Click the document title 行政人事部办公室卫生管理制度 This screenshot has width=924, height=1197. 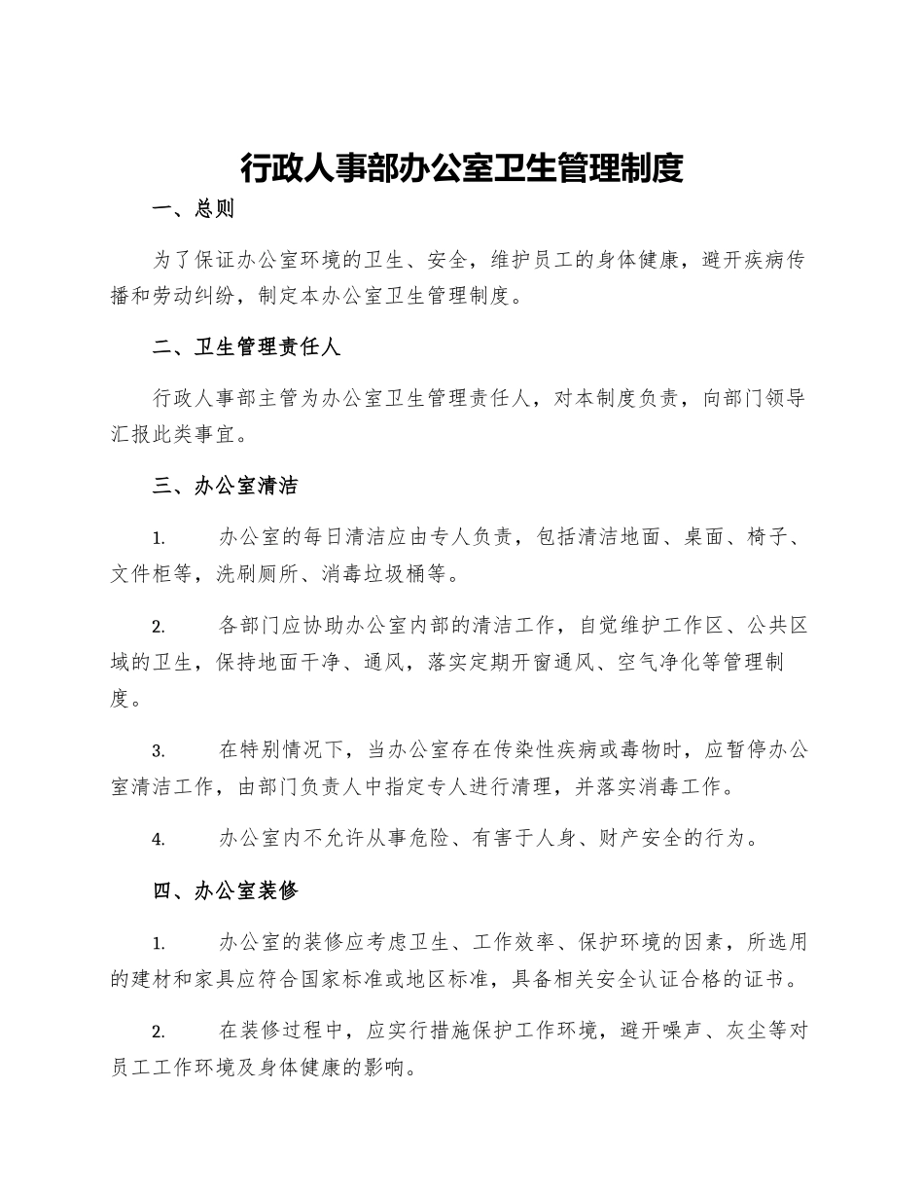(462, 167)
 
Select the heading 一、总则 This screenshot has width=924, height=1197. (194, 208)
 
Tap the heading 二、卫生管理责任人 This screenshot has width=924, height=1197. (246, 347)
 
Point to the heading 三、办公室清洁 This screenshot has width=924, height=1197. (226, 487)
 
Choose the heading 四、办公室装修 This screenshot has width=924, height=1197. (226, 889)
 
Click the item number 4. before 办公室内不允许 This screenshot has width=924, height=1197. (158, 839)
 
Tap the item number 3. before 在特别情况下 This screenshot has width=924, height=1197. (158, 750)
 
